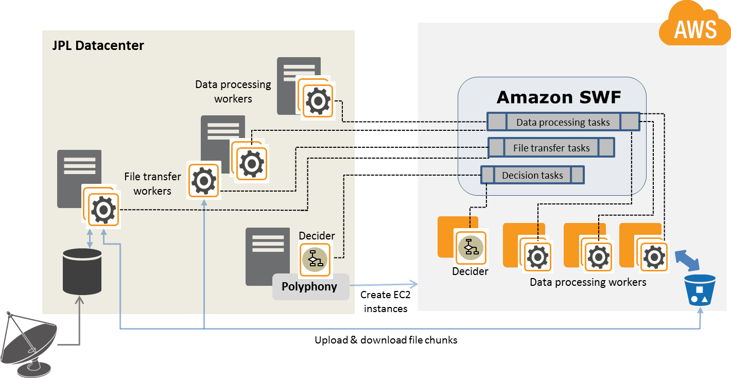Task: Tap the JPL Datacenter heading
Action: pyautogui.click(x=98, y=45)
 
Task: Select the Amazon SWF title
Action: pyautogui.click(x=559, y=97)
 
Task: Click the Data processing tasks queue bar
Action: pyautogui.click(x=563, y=122)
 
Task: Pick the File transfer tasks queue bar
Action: pyautogui.click(x=551, y=148)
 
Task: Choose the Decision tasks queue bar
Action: pyautogui.click(x=532, y=175)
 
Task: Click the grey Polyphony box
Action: pyautogui.click(x=310, y=287)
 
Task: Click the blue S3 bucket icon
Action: pyautogui.click(x=700, y=291)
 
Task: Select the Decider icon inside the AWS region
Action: pyautogui.click(x=471, y=247)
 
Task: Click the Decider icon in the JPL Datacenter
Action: pyautogui.click(x=314, y=259)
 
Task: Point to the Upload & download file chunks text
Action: pyautogui.click(x=386, y=340)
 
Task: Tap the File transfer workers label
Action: pyautogui.click(x=152, y=184)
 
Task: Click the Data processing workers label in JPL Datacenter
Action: pyautogui.click(x=233, y=91)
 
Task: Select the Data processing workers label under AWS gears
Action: pyautogui.click(x=587, y=282)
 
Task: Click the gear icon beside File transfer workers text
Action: pyautogui.click(x=204, y=181)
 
